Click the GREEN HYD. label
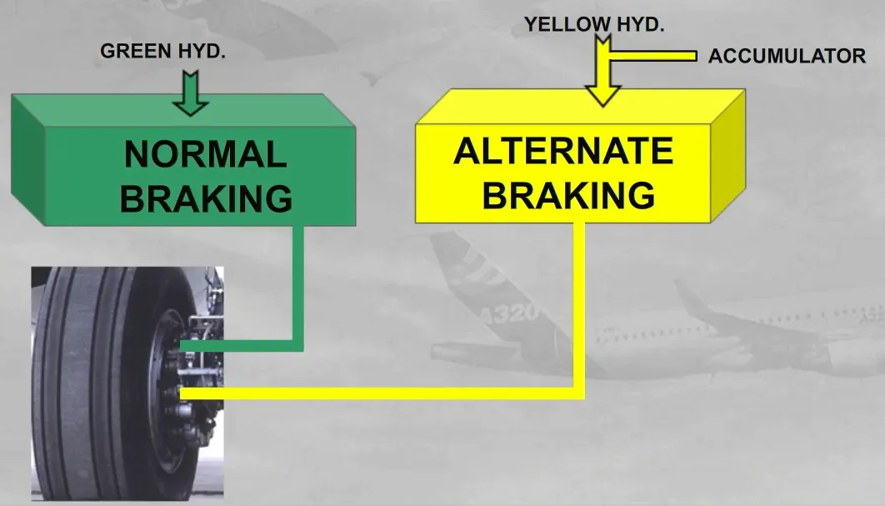tap(162, 51)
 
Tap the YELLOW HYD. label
tap(594, 24)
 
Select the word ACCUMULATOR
tap(787, 56)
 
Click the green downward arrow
tap(191, 93)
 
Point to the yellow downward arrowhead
tap(602, 95)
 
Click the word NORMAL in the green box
tap(206, 154)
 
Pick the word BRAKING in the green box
tap(206, 198)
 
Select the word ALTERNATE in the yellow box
tap(563, 151)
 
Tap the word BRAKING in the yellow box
tap(568, 195)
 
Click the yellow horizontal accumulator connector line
tap(652, 56)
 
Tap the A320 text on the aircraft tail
tap(509, 313)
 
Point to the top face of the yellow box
tap(580, 107)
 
